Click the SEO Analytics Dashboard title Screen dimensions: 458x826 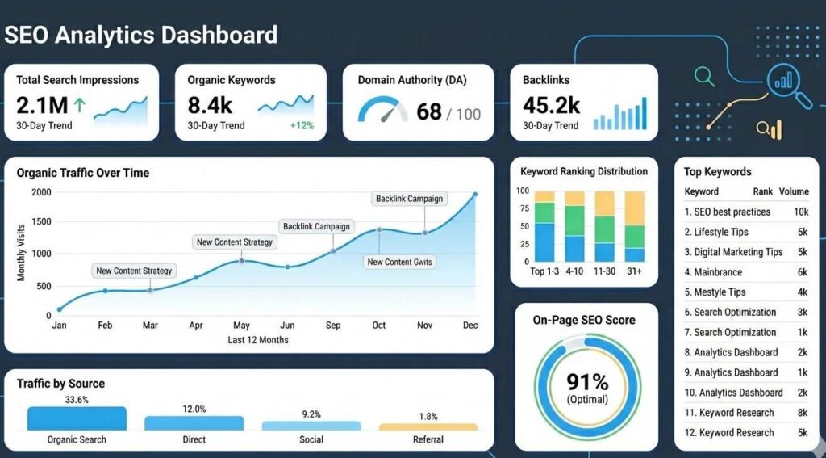141,35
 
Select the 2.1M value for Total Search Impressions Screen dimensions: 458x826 41,105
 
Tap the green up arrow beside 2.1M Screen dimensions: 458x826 79,105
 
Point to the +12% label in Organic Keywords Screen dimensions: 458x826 302,126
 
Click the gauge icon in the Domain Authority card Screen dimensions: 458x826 382,111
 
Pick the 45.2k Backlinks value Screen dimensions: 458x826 551,105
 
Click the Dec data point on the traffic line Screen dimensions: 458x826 474,195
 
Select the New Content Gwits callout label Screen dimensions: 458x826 399,262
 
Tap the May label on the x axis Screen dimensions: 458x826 241,326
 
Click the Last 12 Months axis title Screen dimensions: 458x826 258,340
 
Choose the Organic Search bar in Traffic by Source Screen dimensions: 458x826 77,418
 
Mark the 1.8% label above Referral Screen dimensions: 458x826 428,416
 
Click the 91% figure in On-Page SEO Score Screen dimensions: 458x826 586,382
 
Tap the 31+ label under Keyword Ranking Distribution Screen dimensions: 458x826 634,271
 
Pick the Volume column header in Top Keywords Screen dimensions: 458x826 793,191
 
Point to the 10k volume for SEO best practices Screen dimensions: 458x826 799,212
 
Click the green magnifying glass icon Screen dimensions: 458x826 705,78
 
